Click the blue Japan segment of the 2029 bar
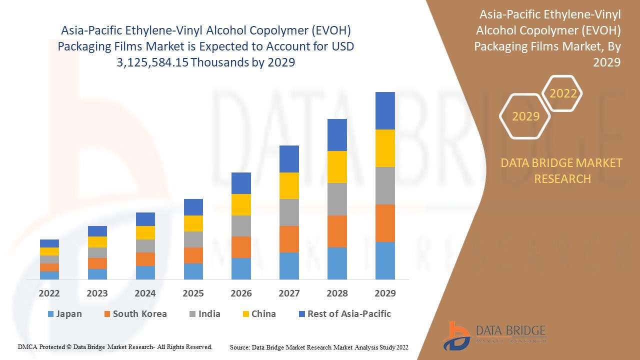point(385,260)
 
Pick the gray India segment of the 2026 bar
point(241,226)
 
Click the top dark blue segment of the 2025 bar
point(193,207)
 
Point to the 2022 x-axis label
point(49,293)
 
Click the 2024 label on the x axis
point(145,293)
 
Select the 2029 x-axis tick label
point(385,293)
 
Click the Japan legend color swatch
point(50,314)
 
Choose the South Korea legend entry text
point(139,314)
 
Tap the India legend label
point(209,314)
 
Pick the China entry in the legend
point(263,314)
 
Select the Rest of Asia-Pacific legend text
point(349,314)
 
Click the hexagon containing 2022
point(563,93)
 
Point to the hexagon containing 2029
point(525,116)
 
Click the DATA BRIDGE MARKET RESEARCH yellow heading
point(562,170)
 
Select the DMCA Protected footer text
point(115,346)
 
